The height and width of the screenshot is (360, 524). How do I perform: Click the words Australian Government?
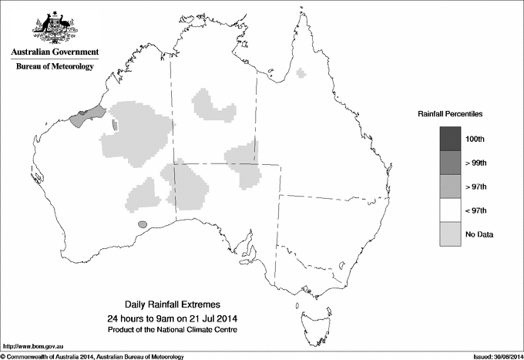tap(54, 52)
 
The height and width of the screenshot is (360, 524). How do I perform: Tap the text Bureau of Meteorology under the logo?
tap(54, 67)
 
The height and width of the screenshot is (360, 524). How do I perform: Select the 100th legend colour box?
tap(449, 139)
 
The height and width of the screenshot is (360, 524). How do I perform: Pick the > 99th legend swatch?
tap(449, 163)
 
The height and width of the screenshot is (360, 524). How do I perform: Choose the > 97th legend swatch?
tap(449, 187)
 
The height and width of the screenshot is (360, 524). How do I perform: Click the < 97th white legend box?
tap(449, 210)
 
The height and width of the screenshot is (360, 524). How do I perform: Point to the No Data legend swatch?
tap(449, 234)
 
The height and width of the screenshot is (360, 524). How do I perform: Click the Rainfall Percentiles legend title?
tap(450, 113)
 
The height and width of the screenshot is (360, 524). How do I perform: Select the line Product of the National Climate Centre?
tap(173, 329)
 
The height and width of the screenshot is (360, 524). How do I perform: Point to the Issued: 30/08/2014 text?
tap(493, 356)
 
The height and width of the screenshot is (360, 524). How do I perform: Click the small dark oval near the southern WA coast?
tap(141, 224)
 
